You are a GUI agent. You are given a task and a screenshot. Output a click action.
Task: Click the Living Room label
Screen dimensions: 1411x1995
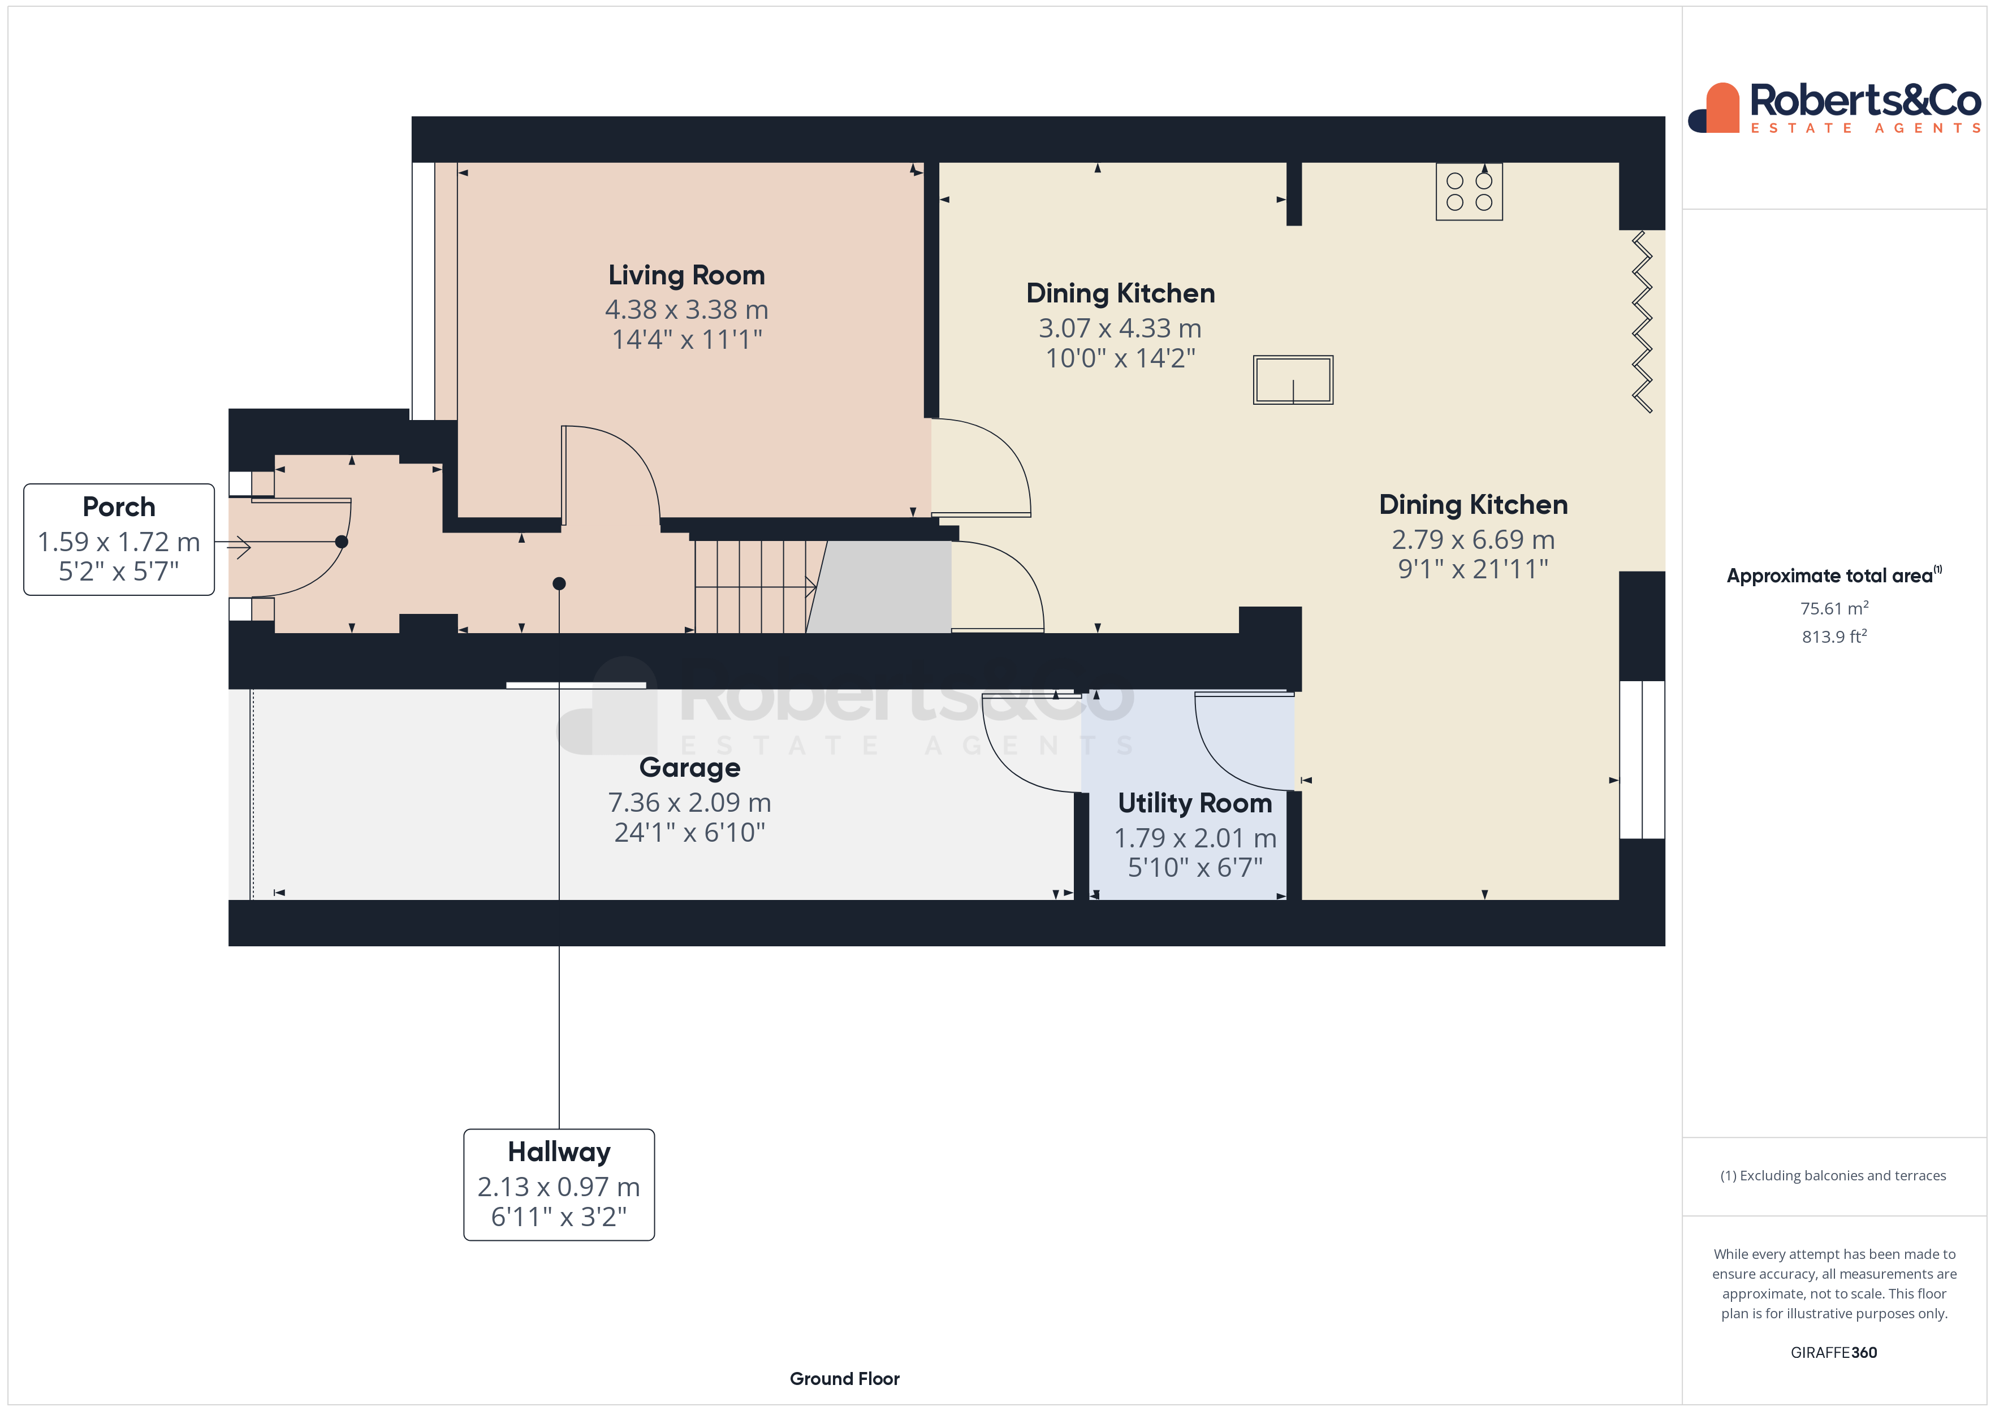tap(686, 275)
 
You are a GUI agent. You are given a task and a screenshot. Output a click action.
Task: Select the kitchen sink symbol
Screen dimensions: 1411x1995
tap(1292, 380)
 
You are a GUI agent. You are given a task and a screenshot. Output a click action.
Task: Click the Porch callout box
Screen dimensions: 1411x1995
tap(119, 539)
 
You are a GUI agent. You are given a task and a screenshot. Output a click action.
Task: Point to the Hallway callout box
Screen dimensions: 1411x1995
tap(559, 1184)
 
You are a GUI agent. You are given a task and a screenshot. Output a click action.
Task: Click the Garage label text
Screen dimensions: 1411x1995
tap(690, 768)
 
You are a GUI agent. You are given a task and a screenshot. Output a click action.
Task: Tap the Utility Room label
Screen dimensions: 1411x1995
tap(1195, 804)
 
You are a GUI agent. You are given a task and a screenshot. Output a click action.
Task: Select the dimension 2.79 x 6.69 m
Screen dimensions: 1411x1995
tap(1473, 539)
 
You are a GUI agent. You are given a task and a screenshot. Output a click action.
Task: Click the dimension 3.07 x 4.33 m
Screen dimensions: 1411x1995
tap(1120, 328)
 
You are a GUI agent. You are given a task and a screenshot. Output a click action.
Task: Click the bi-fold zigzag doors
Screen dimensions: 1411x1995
tap(1642, 322)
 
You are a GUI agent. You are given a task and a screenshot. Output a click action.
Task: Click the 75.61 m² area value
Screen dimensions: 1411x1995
tap(1833, 608)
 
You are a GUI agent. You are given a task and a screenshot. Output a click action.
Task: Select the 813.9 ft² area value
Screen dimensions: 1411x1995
tap(1833, 637)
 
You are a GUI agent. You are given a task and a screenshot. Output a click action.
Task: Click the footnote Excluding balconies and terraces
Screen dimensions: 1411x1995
tap(1833, 1175)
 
